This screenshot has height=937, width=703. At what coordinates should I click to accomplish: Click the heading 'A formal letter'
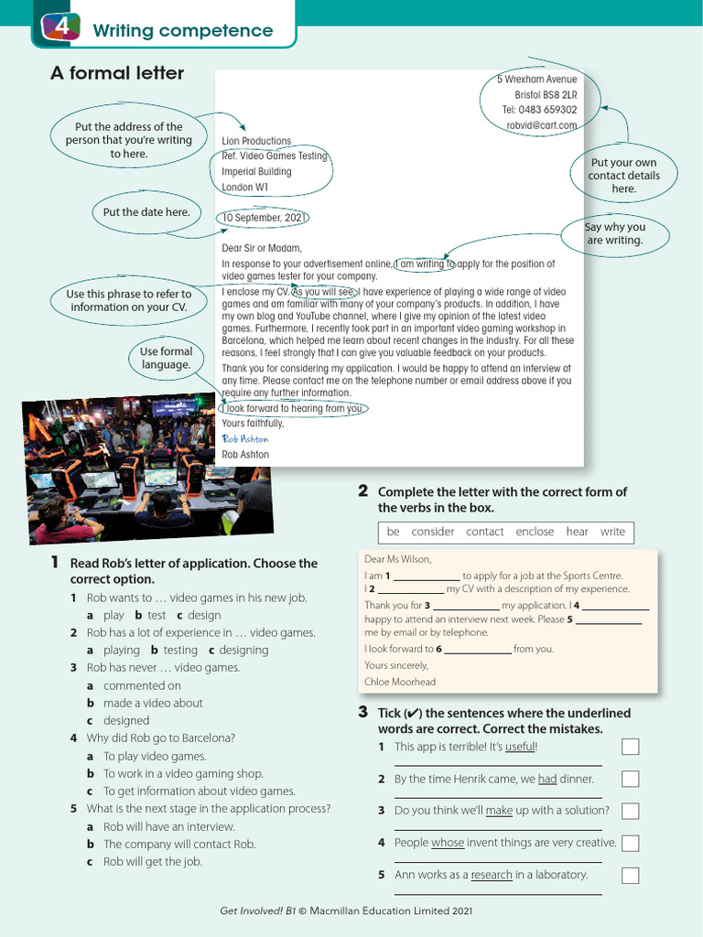(117, 73)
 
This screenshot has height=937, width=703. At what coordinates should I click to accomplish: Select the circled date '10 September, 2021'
(264, 219)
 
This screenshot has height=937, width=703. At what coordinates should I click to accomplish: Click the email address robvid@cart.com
(542, 125)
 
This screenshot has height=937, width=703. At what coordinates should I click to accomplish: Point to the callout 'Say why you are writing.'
(615, 233)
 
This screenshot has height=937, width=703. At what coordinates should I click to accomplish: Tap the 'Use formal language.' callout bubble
(166, 358)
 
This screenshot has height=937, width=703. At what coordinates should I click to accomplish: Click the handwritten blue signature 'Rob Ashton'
(245, 439)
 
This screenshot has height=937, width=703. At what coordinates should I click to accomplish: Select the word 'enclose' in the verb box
(535, 532)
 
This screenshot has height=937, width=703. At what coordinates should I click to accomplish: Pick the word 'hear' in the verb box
(578, 532)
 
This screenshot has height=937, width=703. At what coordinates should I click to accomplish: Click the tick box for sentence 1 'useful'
(630, 747)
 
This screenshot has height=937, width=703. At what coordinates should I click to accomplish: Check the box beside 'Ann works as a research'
(630, 875)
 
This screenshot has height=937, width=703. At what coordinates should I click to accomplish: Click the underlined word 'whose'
(448, 843)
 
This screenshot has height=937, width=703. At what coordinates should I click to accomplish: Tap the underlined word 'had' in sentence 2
(547, 779)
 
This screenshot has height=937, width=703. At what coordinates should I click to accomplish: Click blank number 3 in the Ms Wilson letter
(466, 606)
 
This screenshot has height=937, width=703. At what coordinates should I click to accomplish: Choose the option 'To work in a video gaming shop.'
(183, 773)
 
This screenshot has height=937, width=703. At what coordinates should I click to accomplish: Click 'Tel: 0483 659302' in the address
(540, 110)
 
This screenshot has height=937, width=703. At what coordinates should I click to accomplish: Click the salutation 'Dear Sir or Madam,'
(261, 248)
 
